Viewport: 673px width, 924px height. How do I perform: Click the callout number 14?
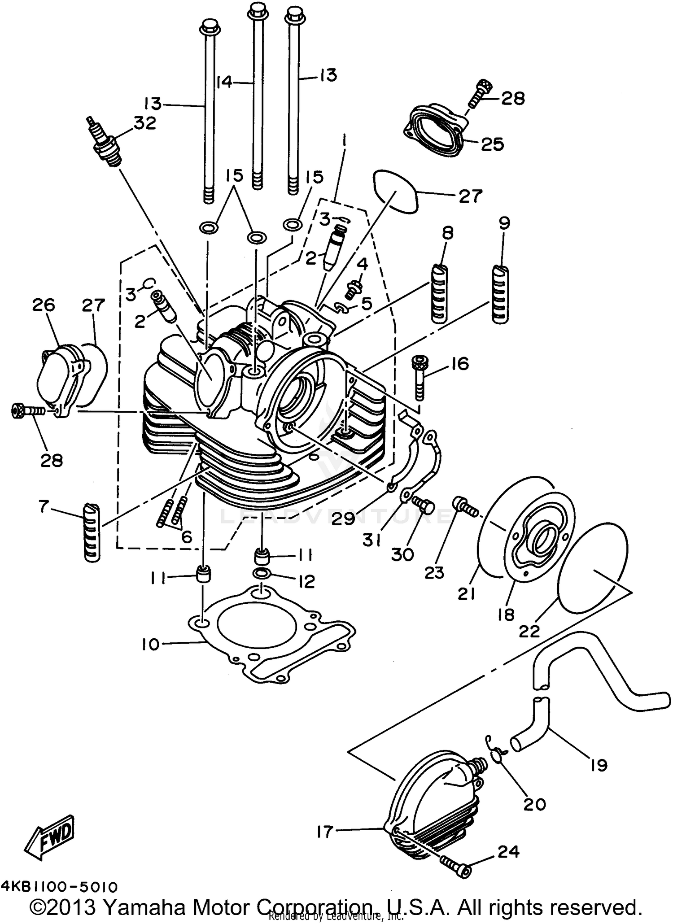pos(224,82)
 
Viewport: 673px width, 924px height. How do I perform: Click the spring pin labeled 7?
pos(92,532)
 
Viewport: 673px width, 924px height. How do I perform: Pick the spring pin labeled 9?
pos(500,294)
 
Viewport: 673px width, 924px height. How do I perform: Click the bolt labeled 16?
pos(420,378)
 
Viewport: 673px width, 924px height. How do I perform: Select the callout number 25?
pos(492,144)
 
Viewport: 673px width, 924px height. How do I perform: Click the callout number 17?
pos(324,832)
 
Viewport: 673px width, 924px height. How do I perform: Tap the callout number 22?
pos(529,632)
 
